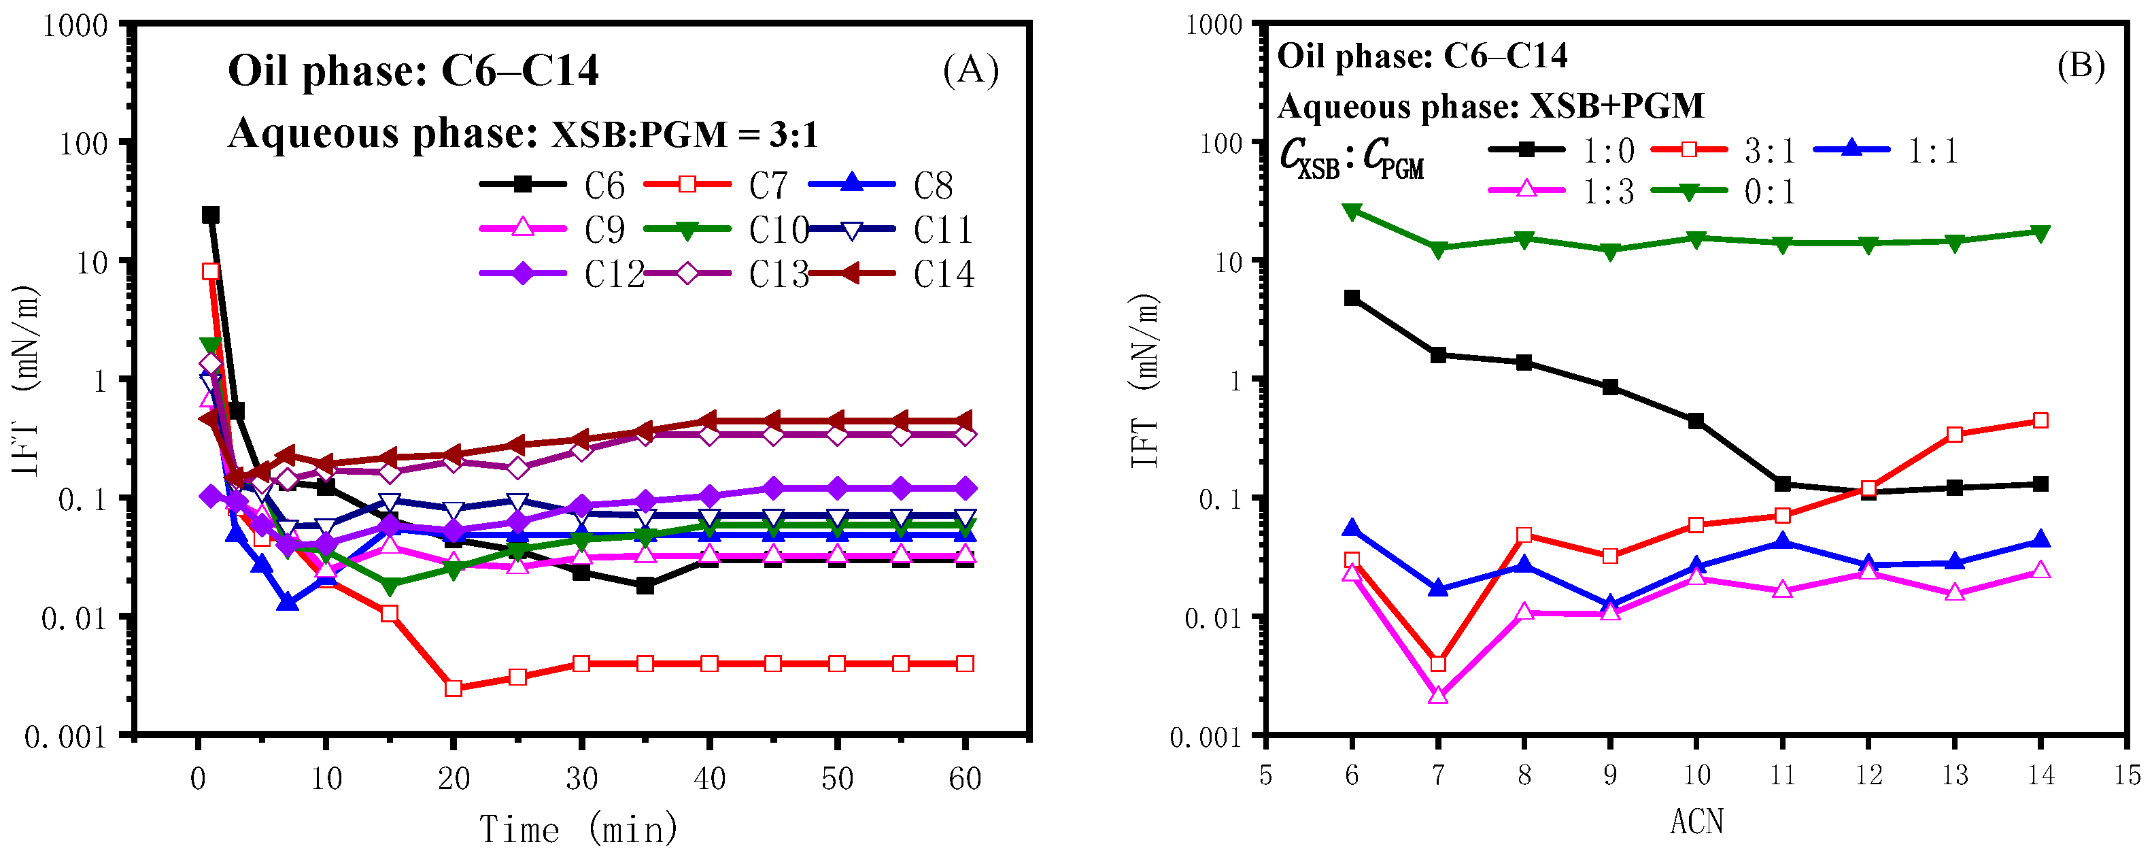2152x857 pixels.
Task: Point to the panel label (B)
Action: [2080, 65]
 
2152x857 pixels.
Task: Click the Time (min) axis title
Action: [578, 829]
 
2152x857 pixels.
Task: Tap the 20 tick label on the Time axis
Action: [454, 779]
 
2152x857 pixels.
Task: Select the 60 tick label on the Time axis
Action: [965, 779]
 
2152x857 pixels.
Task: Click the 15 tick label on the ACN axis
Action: [2127, 775]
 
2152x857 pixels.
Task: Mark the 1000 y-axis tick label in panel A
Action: [75, 25]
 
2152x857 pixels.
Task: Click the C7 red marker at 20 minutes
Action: [454, 688]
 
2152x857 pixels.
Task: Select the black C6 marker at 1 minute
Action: [211, 215]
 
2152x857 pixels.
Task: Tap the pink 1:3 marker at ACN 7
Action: [1438, 695]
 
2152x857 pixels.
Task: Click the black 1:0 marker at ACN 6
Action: [1352, 298]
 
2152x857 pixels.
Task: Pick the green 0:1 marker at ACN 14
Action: [2040, 232]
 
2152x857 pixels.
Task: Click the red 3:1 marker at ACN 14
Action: [2040, 420]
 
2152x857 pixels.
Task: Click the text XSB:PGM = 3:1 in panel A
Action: [684, 135]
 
